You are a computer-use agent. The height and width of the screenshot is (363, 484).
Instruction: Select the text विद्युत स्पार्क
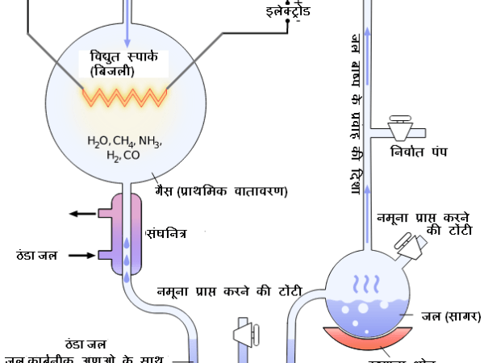click(x=123, y=57)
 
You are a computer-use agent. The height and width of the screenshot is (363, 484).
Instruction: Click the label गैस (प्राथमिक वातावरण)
click(x=221, y=191)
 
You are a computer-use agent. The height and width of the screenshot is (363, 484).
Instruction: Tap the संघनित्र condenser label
click(x=167, y=233)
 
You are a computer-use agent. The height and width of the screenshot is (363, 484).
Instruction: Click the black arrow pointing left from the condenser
click(x=83, y=214)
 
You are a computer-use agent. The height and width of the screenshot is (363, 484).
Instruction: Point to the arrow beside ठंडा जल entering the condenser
click(x=82, y=255)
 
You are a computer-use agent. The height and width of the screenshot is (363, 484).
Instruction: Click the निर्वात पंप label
click(x=417, y=152)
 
